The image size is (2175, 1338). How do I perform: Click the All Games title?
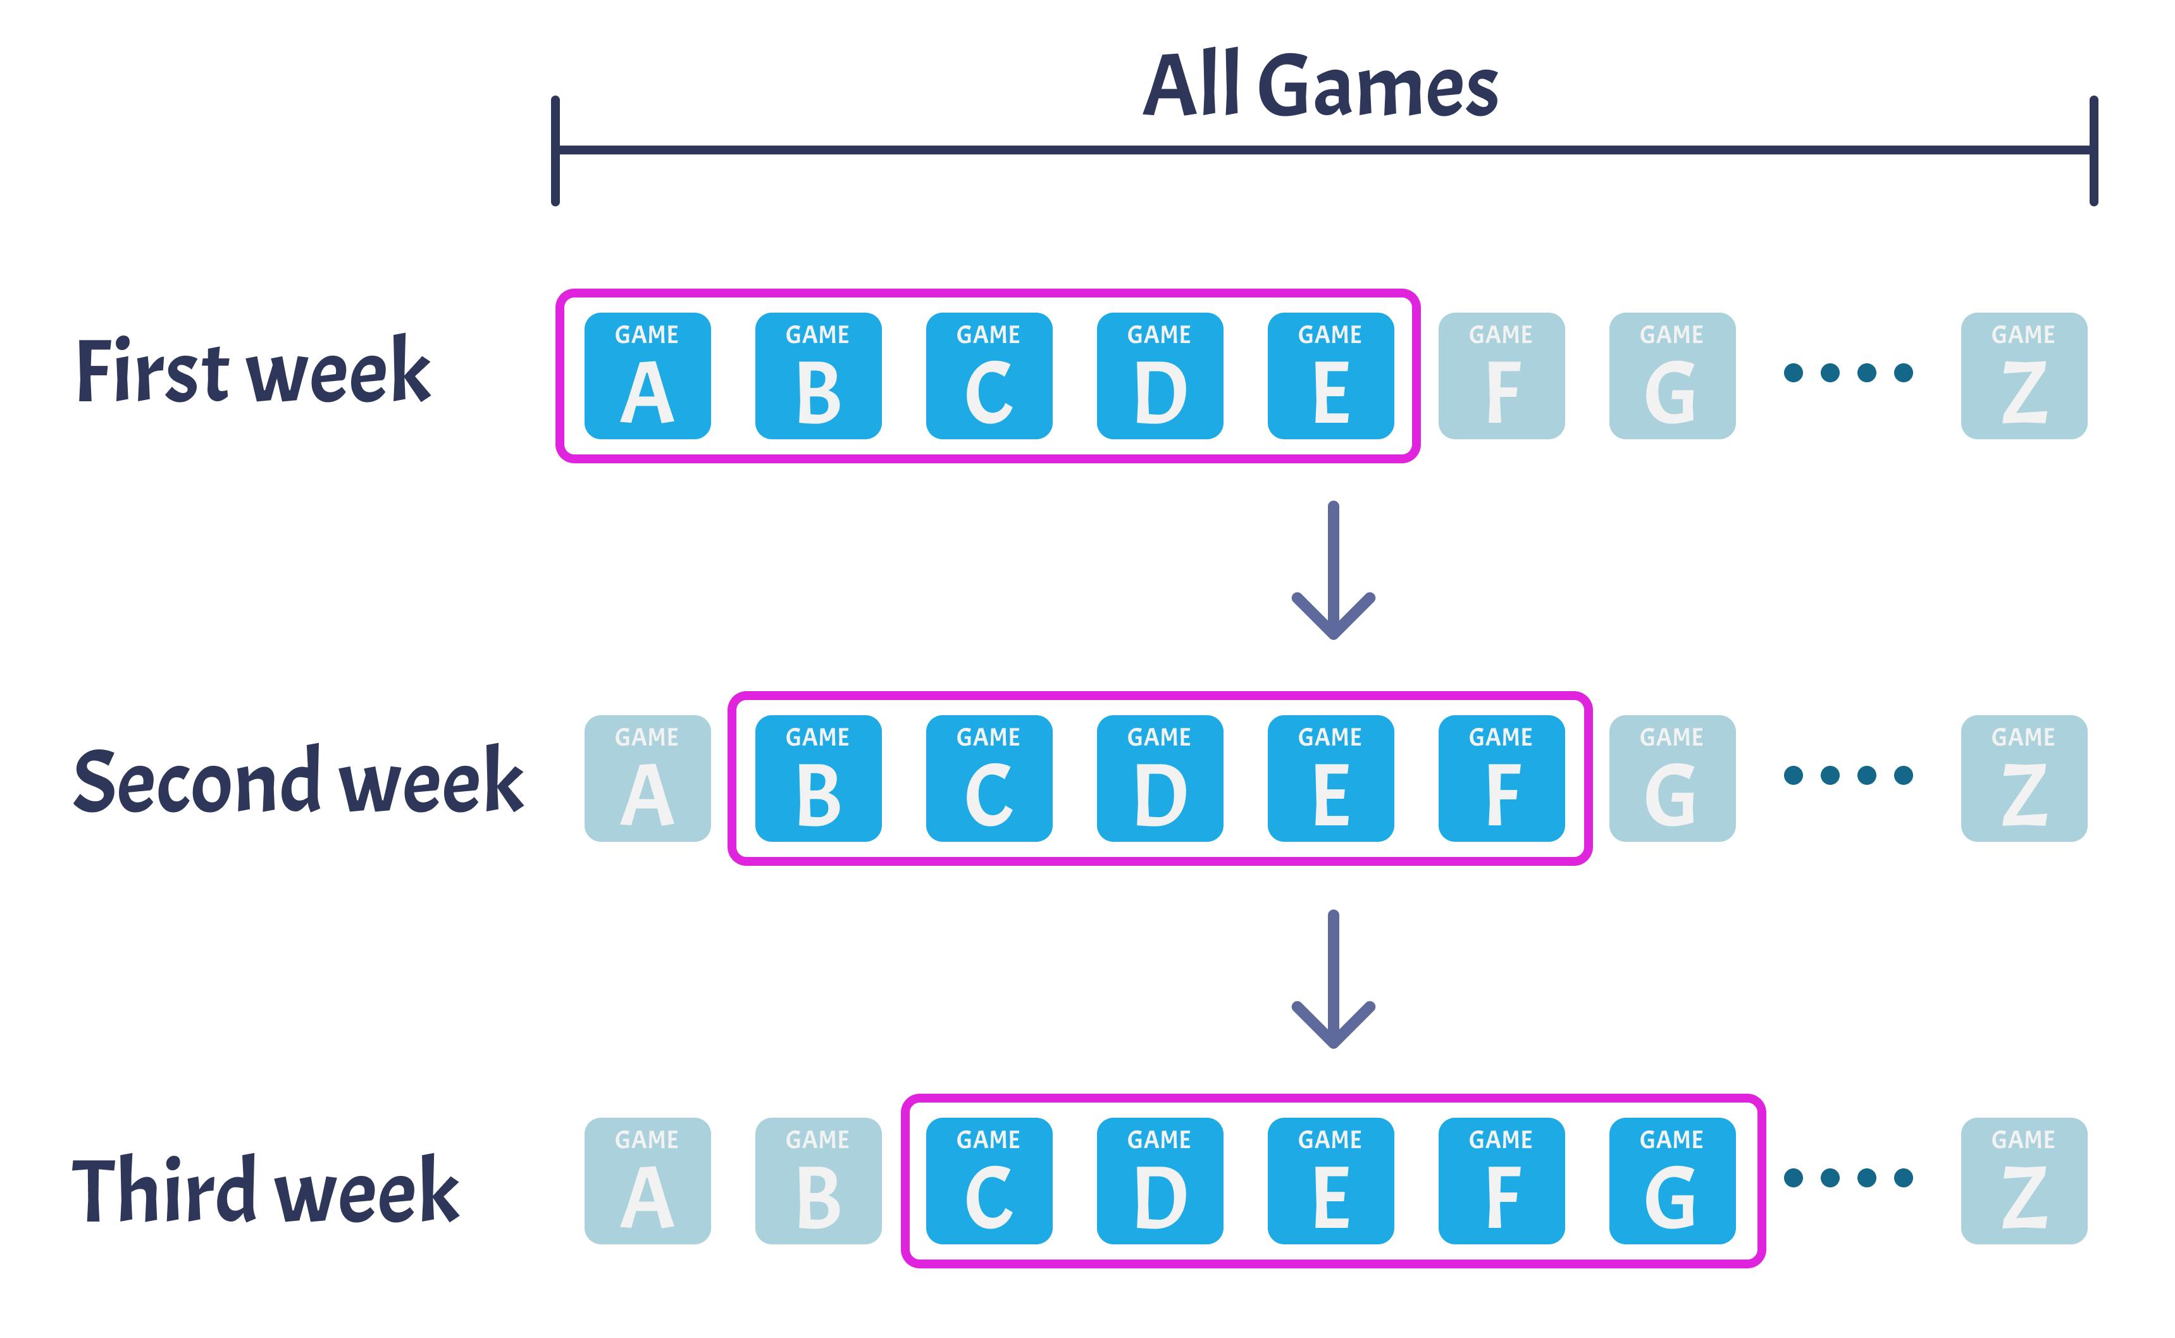(1320, 86)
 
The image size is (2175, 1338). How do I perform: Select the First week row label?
(253, 372)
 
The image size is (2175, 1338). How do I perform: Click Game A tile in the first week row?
(647, 376)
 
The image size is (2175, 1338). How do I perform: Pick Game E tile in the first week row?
(1330, 376)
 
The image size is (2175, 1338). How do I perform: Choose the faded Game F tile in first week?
(1501, 376)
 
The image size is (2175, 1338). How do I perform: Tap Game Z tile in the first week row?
(2024, 376)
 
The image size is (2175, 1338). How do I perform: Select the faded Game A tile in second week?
(647, 778)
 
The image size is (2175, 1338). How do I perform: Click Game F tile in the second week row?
(1501, 778)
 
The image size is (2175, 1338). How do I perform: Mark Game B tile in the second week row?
(818, 778)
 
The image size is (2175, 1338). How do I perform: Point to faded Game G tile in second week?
(1671, 778)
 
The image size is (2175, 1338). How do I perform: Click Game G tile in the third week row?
(1671, 1182)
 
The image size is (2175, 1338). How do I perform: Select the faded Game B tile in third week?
(818, 1182)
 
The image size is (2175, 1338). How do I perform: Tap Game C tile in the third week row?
(989, 1182)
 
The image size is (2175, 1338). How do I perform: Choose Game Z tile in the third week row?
(2024, 1182)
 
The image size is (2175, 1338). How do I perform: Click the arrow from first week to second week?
(1333, 571)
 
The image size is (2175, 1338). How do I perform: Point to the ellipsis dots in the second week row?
(1848, 776)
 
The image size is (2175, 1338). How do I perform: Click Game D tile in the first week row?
(1160, 376)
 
